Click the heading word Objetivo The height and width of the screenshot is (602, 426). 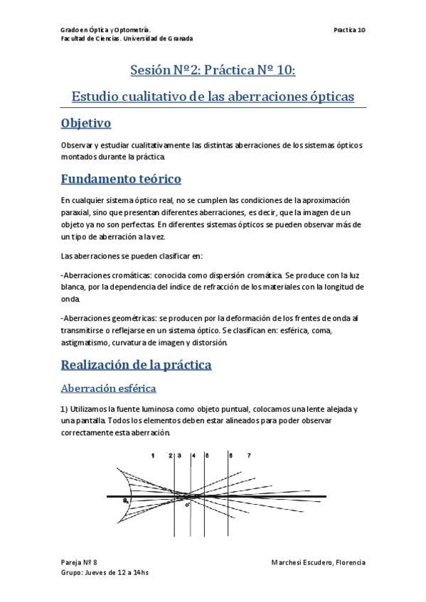coord(86,123)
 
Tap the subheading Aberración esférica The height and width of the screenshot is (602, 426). coord(108,388)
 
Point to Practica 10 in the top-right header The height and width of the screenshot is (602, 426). coord(348,30)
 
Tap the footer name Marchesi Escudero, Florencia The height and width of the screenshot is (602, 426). coord(318,562)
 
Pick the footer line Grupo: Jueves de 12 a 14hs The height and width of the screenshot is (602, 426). coord(105,572)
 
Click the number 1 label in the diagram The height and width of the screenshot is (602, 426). coord(152,455)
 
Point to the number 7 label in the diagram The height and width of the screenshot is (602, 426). coord(248,455)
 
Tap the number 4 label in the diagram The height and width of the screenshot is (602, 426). coord(193,455)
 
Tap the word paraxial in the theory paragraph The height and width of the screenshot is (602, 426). coord(76,212)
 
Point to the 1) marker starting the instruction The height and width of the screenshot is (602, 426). coord(65,410)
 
